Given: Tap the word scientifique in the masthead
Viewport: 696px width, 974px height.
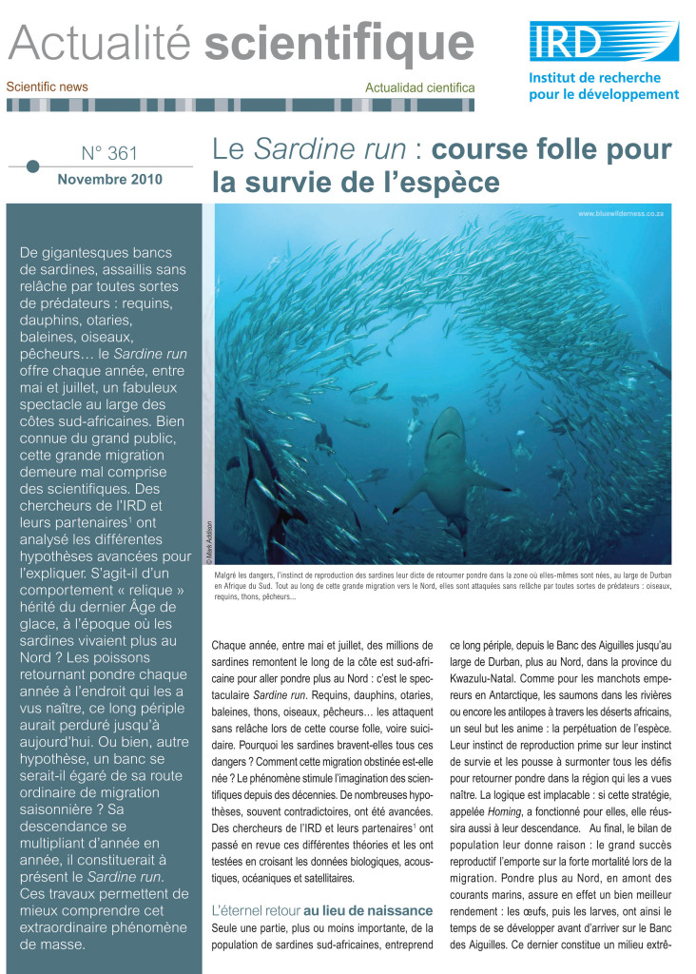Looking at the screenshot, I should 339,44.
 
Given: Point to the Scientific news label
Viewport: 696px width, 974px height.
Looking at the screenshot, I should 47,87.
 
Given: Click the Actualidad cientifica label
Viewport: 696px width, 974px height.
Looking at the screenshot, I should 419,88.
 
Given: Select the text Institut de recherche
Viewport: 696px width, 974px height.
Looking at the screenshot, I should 594,78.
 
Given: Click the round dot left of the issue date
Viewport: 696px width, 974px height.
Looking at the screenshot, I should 33,166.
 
